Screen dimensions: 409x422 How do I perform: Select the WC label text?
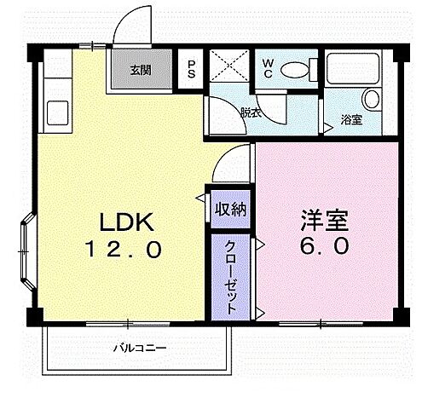tap(267, 67)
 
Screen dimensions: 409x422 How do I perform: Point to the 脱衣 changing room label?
tap(251, 112)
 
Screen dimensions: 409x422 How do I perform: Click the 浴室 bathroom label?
tap(350, 120)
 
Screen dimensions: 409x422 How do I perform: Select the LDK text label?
tap(127, 223)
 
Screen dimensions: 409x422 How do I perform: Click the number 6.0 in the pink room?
tap(324, 249)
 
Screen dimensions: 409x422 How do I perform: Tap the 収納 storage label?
tap(229, 208)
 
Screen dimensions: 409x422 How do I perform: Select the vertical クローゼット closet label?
tap(230, 278)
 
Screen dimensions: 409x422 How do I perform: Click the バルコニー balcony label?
tap(139, 348)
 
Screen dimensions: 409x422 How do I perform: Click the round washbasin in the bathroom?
tap(370, 99)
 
